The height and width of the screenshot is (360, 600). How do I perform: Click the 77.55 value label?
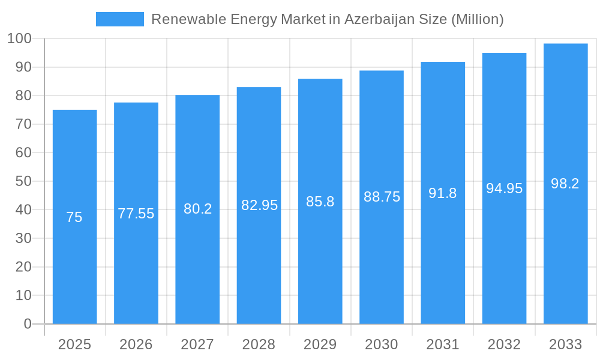point(136,214)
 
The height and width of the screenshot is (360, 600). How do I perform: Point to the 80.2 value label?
point(197,209)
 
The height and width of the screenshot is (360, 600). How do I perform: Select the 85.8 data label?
point(320,202)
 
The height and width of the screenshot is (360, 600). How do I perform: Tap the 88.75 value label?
point(382,197)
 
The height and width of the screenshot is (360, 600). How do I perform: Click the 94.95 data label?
point(504,188)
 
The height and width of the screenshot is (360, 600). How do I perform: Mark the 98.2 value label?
point(565,184)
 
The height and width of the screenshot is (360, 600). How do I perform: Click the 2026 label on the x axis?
point(136,344)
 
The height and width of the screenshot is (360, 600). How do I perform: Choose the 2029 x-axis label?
point(320,344)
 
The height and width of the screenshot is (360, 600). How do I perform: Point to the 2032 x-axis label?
point(504,344)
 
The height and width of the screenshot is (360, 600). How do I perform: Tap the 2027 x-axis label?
point(197,344)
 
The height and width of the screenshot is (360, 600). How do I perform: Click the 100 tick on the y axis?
point(19,39)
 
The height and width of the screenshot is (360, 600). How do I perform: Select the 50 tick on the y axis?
point(23,181)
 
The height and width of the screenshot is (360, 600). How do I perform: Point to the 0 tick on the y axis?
point(28,324)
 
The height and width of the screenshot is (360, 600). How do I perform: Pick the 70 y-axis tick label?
point(23,124)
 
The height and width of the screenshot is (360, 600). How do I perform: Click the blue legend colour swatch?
point(120,19)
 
